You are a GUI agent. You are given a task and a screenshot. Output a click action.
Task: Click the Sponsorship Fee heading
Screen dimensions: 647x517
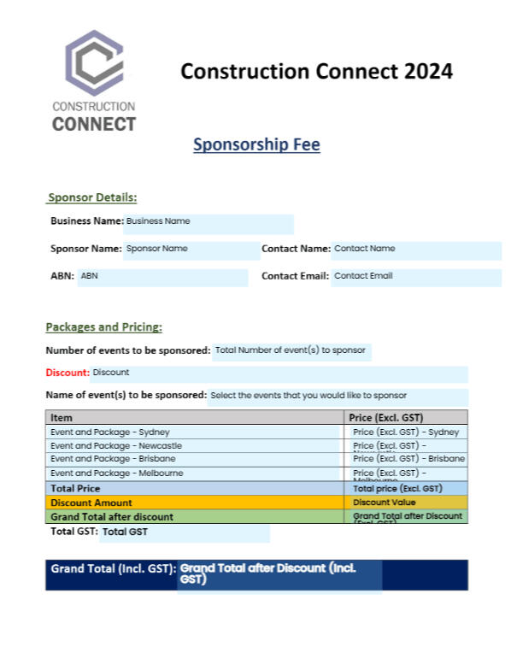(256, 144)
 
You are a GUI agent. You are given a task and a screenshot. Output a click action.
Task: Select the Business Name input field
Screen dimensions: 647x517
(209, 222)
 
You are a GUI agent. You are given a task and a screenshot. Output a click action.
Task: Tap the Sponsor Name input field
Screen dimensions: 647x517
(190, 250)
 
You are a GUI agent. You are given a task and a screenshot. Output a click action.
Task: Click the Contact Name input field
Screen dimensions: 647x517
(415, 250)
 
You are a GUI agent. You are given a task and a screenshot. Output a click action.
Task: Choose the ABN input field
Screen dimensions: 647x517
(162, 277)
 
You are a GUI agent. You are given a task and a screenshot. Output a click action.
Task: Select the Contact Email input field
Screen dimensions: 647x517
(415, 277)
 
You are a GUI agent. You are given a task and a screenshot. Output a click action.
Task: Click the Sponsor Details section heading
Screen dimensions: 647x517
(92, 197)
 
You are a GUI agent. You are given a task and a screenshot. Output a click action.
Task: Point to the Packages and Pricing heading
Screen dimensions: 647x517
(103, 326)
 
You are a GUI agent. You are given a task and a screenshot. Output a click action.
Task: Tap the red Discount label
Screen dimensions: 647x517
(67, 373)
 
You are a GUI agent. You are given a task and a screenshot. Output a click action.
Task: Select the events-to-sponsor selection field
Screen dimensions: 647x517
(338, 396)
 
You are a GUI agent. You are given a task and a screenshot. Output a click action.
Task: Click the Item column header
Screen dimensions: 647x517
(62, 418)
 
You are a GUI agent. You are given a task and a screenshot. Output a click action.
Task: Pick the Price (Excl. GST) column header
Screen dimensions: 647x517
(386, 418)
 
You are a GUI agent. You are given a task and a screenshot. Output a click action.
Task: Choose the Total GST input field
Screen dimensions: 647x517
(184, 533)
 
